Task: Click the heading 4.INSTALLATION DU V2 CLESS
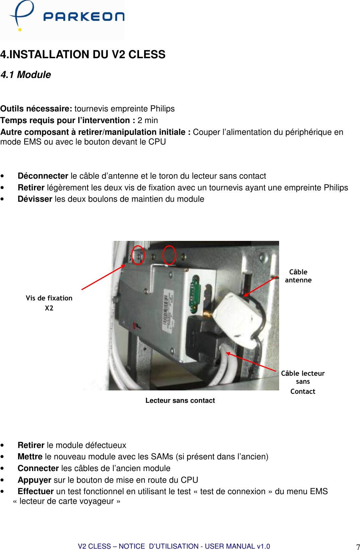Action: tap(83, 55)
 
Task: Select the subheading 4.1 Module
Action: tap(26, 75)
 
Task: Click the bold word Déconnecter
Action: tap(43, 176)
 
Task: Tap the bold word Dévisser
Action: tap(35, 199)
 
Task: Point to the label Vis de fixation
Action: tap(49, 298)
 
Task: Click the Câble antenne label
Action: tap(298, 276)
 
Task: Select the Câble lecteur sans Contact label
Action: tap(303, 382)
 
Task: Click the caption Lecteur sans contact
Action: tap(180, 400)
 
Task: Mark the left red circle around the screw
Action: tap(138, 255)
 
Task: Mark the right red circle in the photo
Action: tap(169, 255)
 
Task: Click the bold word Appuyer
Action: tap(34, 480)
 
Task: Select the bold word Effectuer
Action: tap(36, 491)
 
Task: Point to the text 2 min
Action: tap(148, 120)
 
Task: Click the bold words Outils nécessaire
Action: tap(36, 109)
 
